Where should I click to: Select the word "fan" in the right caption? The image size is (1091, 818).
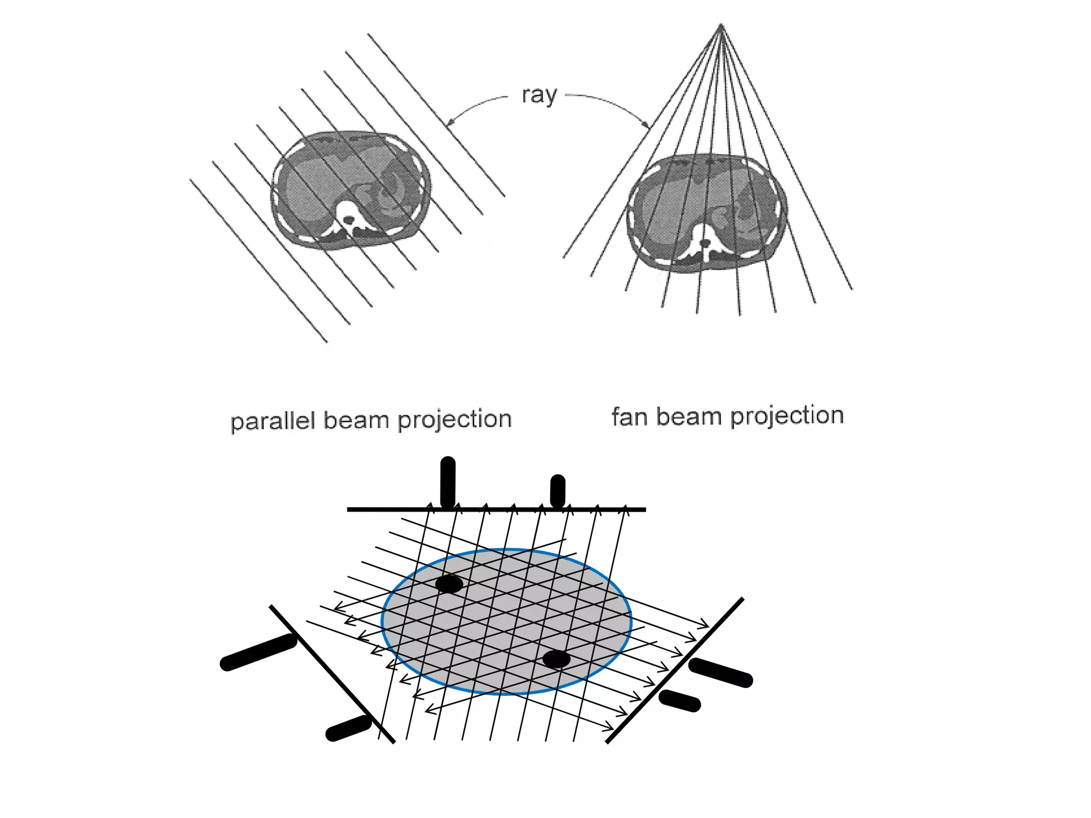[629, 417]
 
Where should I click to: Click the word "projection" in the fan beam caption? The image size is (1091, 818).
[787, 416]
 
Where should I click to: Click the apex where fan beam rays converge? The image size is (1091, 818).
[721, 25]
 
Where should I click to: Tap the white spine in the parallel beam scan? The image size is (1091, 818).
[349, 218]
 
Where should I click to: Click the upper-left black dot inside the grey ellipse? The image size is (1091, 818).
[449, 584]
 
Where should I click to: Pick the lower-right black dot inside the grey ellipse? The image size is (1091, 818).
[556, 659]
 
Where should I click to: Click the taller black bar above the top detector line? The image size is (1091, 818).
[448, 482]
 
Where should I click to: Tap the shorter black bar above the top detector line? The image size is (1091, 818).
[557, 491]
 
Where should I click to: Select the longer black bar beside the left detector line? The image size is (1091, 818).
[259, 652]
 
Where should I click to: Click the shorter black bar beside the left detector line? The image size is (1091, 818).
[348, 728]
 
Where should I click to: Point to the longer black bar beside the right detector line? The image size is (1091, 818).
[721, 673]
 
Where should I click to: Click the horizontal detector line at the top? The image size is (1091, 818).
[496, 510]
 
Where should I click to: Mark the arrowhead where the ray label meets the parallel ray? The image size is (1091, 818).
[449, 124]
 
